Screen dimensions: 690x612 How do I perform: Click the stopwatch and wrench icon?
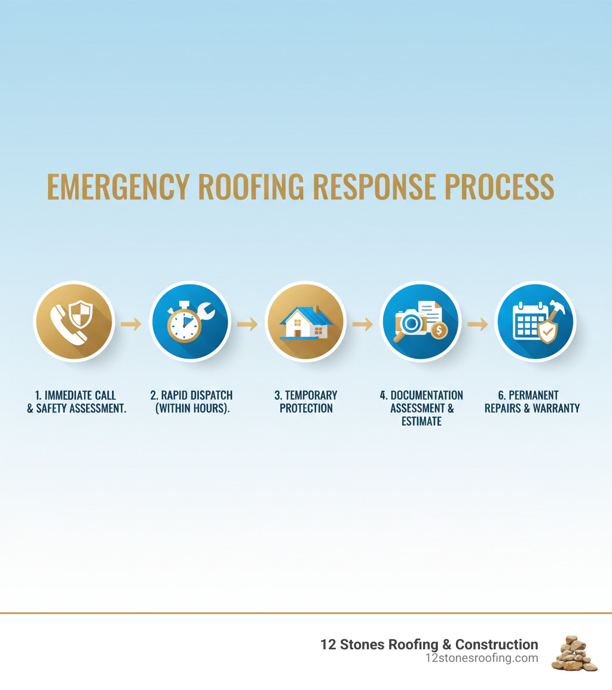[x=189, y=323]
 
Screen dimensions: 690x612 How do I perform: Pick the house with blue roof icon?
[x=305, y=323]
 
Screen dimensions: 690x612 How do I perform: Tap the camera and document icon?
[x=420, y=323]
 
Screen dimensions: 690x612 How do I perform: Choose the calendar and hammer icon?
[x=535, y=323]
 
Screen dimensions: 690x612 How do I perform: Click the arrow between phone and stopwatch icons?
[x=131, y=324]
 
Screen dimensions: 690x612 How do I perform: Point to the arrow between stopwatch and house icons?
[x=247, y=324]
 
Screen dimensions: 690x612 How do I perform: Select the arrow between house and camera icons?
[x=362, y=324]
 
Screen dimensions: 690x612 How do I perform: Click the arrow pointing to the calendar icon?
[x=478, y=324]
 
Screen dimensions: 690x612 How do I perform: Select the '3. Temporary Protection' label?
[x=306, y=402]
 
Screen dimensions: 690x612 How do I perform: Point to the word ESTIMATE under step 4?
[x=421, y=422]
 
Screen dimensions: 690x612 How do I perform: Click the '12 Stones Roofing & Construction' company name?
[x=429, y=645]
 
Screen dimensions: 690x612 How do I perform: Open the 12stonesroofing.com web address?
[x=481, y=658]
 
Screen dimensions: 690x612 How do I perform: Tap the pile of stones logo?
[x=574, y=654]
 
